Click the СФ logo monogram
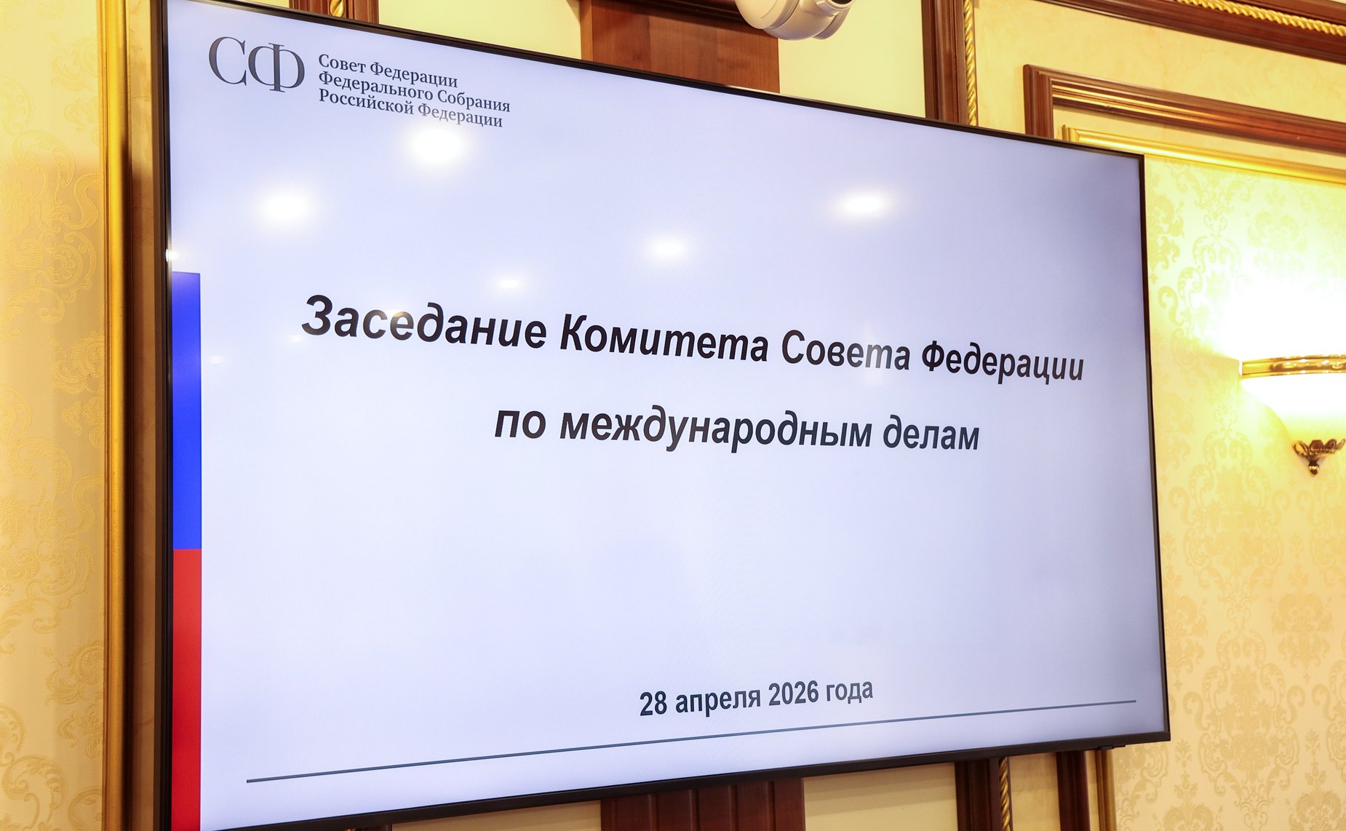point(255,65)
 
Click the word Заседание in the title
point(424,326)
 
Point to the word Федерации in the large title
point(1002,362)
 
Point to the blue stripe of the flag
point(186,407)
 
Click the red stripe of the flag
point(186,684)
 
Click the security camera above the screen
point(800,16)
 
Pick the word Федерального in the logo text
point(376,87)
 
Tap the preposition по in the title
point(519,422)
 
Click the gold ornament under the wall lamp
point(1317,453)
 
